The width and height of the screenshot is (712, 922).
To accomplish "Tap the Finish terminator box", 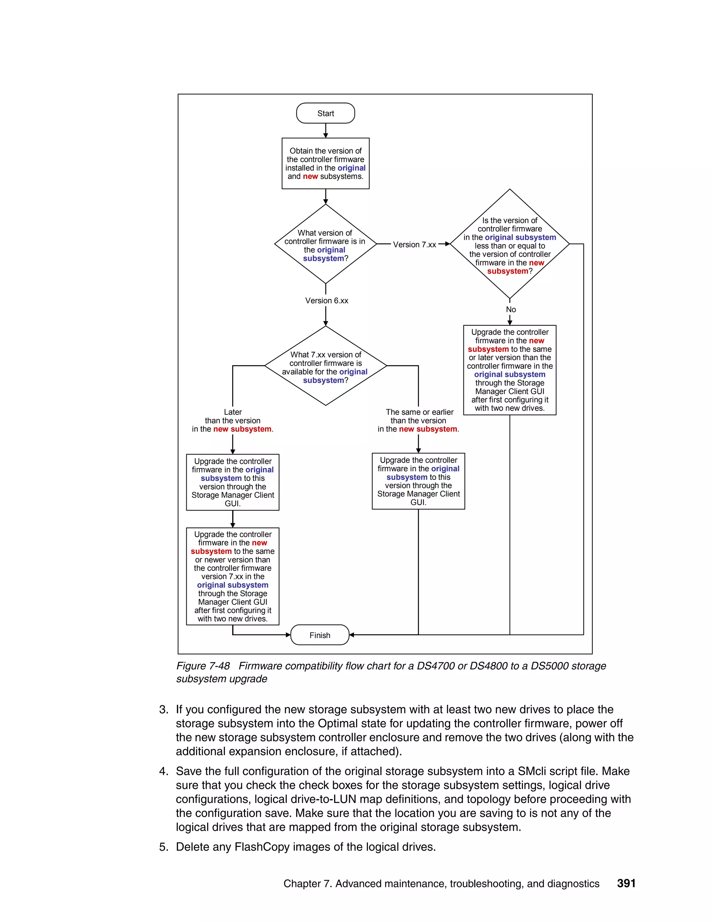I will point(320,635).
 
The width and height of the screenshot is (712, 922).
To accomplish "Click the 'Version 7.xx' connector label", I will point(414,245).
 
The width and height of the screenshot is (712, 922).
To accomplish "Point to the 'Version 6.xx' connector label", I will point(326,301).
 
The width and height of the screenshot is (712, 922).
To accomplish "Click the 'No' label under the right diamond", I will point(511,309).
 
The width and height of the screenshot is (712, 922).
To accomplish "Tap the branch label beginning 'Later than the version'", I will point(233,421).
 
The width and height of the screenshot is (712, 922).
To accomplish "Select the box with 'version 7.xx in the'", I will point(233,576).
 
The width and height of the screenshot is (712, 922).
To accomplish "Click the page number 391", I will point(626,883).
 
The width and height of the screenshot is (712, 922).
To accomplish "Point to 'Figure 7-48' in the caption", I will point(203,666).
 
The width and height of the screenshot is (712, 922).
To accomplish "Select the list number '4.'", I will point(164,771).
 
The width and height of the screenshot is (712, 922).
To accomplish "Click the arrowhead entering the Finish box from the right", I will point(352,635).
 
